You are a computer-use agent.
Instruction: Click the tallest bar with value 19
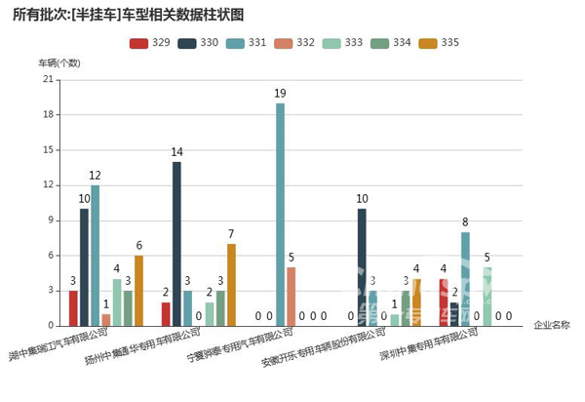pyautogui.click(x=280, y=215)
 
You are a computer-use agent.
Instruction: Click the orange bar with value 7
pyautogui.click(x=231, y=284)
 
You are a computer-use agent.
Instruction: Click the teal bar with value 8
pyautogui.click(x=466, y=279)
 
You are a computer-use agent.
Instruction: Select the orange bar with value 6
pyautogui.click(x=138, y=291)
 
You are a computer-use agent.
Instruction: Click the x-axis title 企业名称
pyautogui.click(x=552, y=325)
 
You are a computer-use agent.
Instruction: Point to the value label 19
pyautogui.click(x=280, y=94)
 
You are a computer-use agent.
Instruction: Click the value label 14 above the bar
pyautogui.click(x=176, y=152)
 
